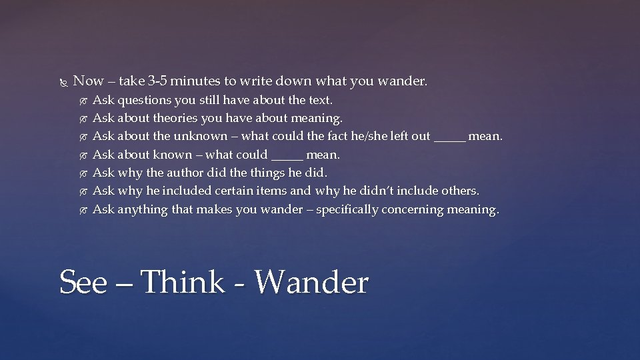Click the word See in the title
83,282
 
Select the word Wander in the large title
311,282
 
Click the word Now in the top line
88,81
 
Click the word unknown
201,137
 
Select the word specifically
350,209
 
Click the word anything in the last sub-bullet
142,209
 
